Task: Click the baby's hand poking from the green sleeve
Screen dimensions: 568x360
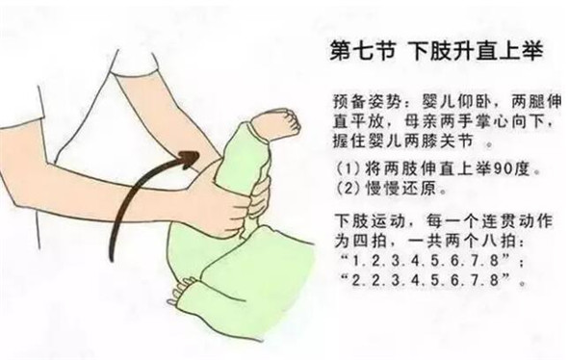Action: point(182,290)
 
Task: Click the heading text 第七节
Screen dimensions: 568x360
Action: point(363,52)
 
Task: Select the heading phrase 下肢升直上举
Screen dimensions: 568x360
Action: point(477,51)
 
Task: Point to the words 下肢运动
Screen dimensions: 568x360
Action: point(369,221)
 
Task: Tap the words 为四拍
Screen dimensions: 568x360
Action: point(360,241)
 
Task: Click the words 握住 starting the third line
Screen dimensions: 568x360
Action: point(350,141)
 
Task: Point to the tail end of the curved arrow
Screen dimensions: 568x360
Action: point(112,258)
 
